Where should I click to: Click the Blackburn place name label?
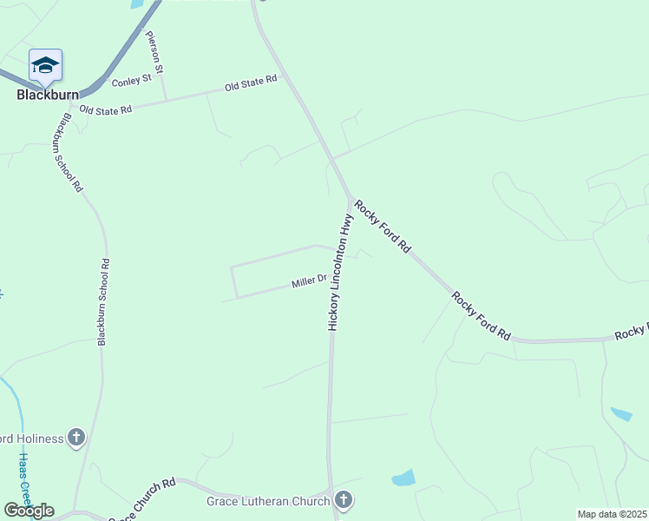(48, 96)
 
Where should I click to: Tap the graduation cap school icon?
(45, 65)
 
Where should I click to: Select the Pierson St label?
(156, 54)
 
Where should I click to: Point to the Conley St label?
(132, 81)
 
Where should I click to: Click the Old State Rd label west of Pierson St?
(105, 110)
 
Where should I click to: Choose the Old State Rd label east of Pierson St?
(250, 83)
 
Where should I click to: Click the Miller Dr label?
(309, 281)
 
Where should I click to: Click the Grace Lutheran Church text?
(267, 501)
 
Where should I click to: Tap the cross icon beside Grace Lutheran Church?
(344, 500)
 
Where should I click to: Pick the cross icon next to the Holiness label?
(76, 438)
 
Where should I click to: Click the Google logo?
(29, 511)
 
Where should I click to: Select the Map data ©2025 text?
(613, 515)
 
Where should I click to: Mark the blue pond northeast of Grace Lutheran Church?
(403, 478)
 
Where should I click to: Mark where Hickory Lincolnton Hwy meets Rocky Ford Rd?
(350, 199)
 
